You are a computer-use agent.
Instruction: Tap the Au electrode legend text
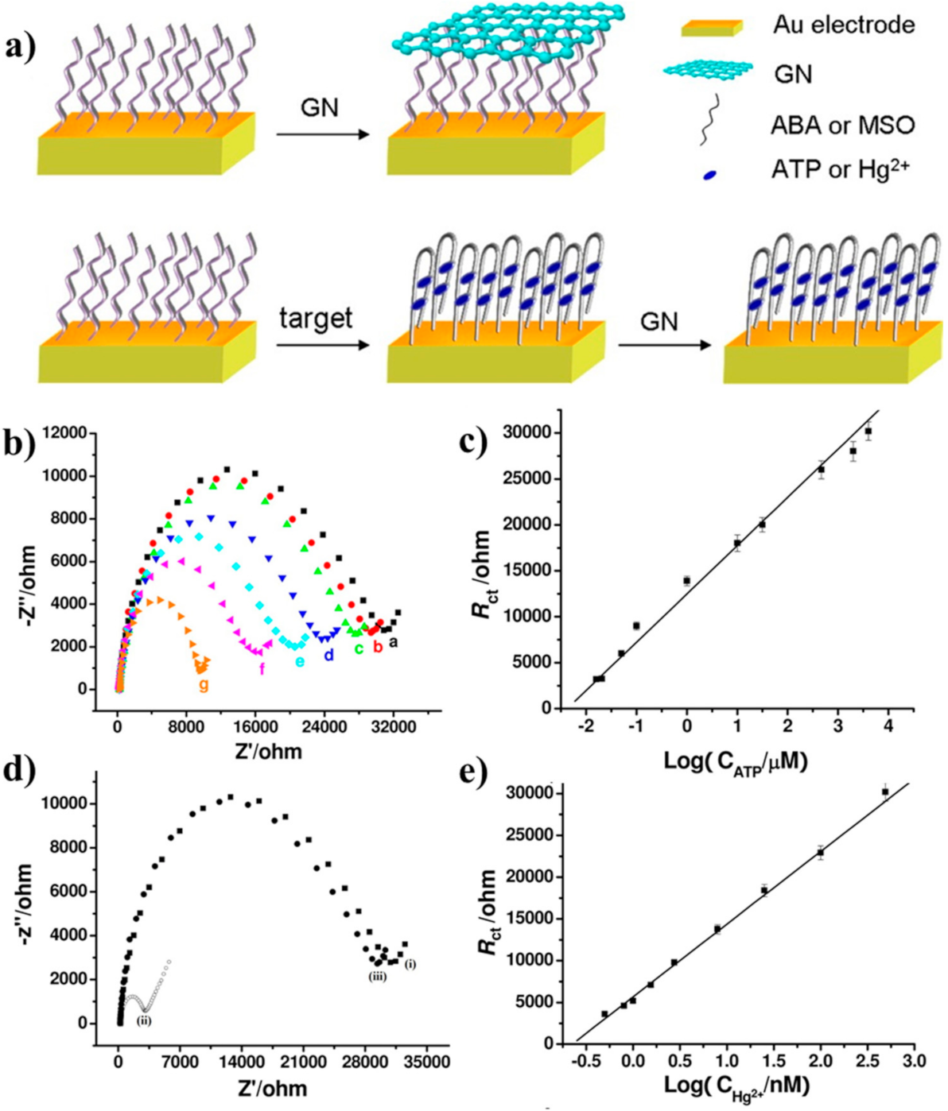[x=844, y=25]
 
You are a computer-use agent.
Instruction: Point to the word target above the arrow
[x=315, y=319]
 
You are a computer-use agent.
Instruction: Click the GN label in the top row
[x=320, y=106]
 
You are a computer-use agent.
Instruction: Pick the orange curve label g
[x=204, y=685]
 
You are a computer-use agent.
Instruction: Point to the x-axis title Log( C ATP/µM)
[x=736, y=761]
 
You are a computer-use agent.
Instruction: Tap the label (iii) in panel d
[x=376, y=977]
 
